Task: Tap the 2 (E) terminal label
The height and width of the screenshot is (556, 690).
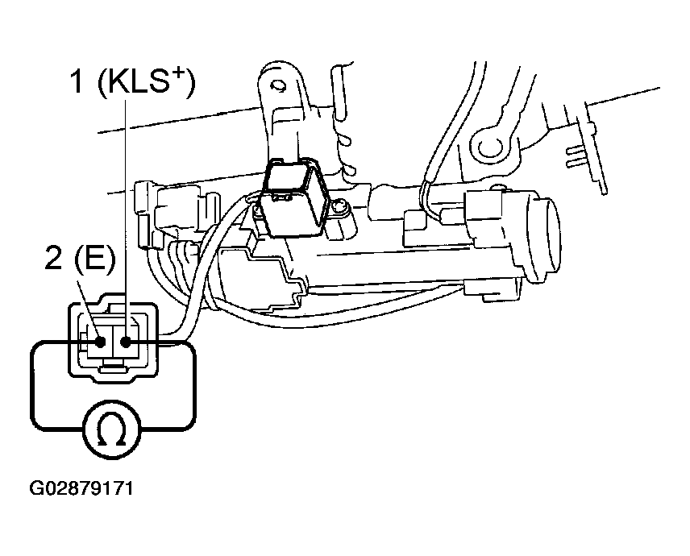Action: tap(80, 259)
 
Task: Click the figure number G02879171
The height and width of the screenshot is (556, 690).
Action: tap(81, 488)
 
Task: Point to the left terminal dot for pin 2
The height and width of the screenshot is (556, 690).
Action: tap(101, 342)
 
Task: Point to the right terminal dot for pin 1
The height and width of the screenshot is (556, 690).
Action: tap(126, 342)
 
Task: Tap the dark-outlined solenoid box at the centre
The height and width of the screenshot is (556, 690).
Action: tap(294, 197)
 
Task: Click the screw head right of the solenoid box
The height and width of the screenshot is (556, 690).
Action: tap(339, 207)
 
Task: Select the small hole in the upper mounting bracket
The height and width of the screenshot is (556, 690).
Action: tap(277, 85)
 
